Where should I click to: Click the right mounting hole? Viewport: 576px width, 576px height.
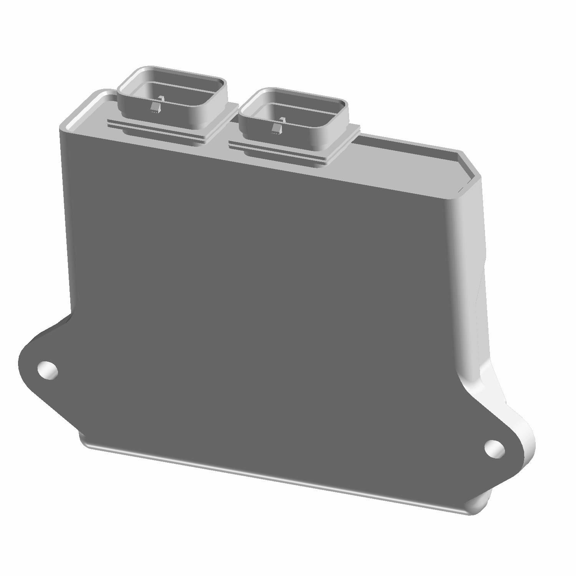point(495,449)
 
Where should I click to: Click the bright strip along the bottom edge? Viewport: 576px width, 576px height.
point(269,476)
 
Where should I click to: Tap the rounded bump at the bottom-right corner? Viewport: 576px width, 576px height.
point(480,503)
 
